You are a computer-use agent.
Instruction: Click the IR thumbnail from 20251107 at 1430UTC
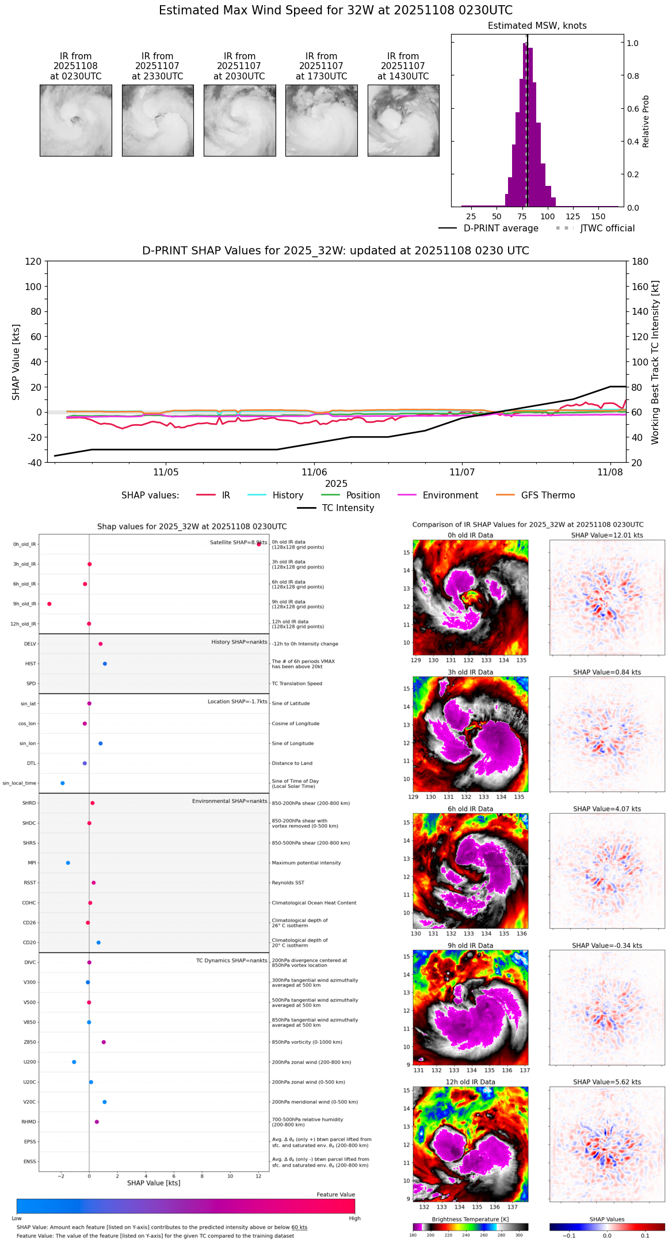click(x=403, y=120)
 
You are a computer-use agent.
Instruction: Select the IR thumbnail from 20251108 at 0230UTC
click(x=76, y=120)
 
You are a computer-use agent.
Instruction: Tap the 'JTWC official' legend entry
click(x=607, y=228)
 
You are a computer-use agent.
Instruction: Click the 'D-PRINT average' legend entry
click(x=501, y=228)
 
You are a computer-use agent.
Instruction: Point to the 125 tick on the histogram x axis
click(x=572, y=216)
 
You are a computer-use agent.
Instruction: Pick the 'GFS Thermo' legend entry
click(x=548, y=496)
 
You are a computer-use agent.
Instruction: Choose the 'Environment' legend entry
click(x=450, y=496)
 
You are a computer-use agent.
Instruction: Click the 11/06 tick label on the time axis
click(x=314, y=473)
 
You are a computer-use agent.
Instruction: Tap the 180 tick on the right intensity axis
click(x=640, y=261)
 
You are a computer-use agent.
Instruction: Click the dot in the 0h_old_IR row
click(x=259, y=544)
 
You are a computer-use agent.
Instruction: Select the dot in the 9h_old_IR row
click(x=49, y=604)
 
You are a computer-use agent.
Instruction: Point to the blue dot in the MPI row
click(x=68, y=863)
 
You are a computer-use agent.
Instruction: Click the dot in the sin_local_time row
click(x=63, y=783)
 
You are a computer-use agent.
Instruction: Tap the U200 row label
click(x=29, y=1062)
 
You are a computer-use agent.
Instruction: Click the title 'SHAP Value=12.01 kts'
click(x=607, y=535)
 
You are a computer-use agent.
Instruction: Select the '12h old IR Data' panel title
click(x=470, y=1082)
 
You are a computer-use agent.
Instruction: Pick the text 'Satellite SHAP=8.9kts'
click(x=238, y=542)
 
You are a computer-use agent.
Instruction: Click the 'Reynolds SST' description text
click(x=288, y=883)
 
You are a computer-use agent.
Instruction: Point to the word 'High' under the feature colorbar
click(x=354, y=1218)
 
